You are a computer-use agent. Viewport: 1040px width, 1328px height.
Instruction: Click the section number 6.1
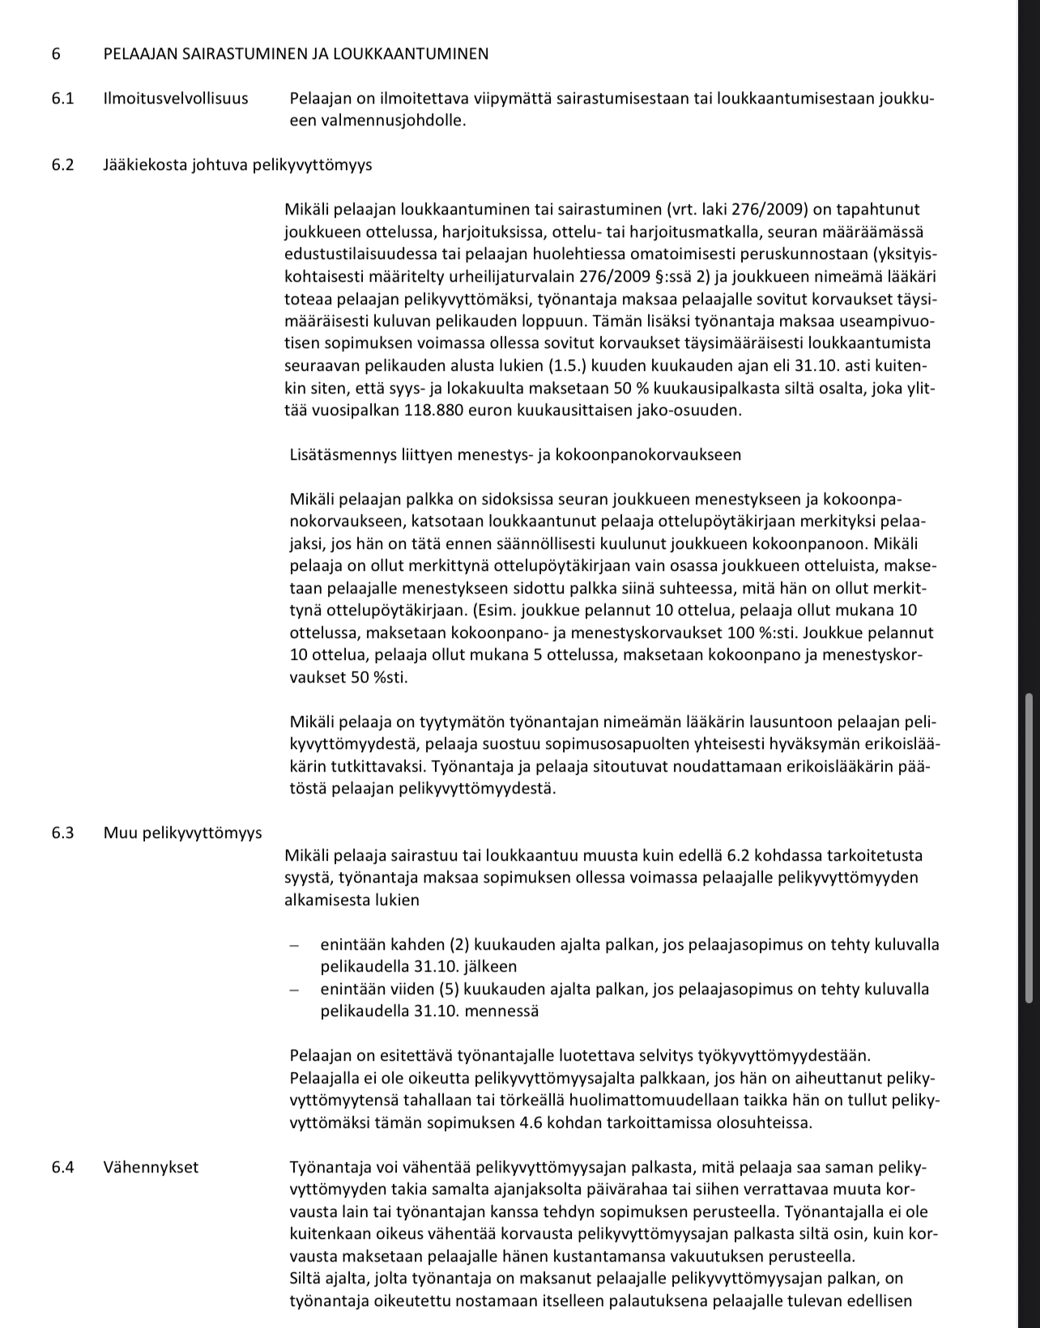[62, 99]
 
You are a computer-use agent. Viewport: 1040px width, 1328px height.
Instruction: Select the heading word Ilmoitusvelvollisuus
[176, 99]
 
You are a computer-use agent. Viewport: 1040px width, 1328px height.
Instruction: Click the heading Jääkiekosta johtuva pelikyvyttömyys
[237, 165]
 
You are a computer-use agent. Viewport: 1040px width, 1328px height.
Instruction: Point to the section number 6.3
[62, 832]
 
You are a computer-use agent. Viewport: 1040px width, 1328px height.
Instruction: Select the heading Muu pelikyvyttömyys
[182, 832]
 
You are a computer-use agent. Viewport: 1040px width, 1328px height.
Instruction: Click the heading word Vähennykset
[151, 1167]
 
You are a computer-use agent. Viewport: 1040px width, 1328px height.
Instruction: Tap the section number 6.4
[62, 1167]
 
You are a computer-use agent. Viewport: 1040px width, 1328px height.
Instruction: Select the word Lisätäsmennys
[341, 454]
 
